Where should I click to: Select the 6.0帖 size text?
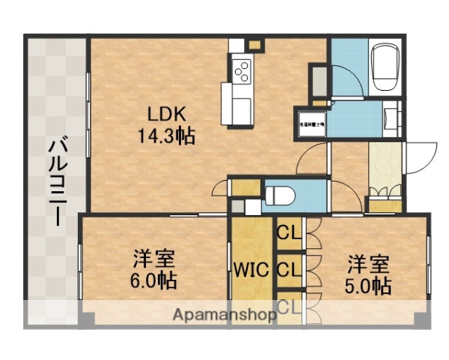(x=154, y=282)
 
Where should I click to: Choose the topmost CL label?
(x=288, y=232)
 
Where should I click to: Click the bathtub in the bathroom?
(x=386, y=65)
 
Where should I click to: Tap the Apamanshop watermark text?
(x=224, y=315)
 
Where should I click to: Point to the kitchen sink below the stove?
(x=239, y=100)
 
